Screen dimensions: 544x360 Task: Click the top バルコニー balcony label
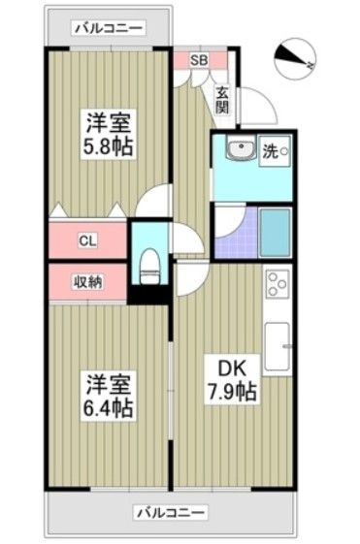tap(108, 27)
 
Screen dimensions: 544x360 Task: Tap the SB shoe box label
tap(198, 60)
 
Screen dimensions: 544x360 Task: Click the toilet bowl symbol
tap(149, 263)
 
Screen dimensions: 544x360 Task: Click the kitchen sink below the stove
tap(278, 345)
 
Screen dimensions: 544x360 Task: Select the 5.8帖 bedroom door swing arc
tap(152, 202)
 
